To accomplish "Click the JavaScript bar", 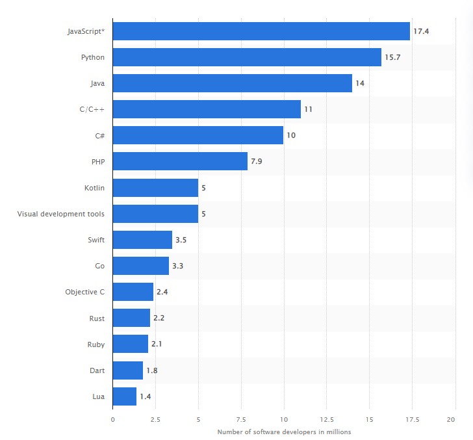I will click(x=261, y=31).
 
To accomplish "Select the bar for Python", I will click(x=247, y=57).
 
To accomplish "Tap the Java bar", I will click(x=232, y=83).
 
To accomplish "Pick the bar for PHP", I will click(x=180, y=161).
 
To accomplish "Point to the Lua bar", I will click(x=125, y=396).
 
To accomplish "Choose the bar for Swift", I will click(x=142, y=240).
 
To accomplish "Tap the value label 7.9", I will click(x=257, y=161).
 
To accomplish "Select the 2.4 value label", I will click(x=162, y=292).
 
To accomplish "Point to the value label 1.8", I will click(x=152, y=370).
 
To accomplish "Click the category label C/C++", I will click(x=92, y=109).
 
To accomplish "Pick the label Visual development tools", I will click(x=61, y=214).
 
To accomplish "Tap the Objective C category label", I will click(x=85, y=292).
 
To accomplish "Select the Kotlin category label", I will click(x=94, y=188).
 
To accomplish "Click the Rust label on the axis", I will click(x=97, y=318).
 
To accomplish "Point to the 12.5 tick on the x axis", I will click(x=326, y=419).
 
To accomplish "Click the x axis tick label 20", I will click(x=452, y=419).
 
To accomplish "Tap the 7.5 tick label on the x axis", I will click(x=241, y=419).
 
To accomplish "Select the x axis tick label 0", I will click(x=113, y=419).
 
